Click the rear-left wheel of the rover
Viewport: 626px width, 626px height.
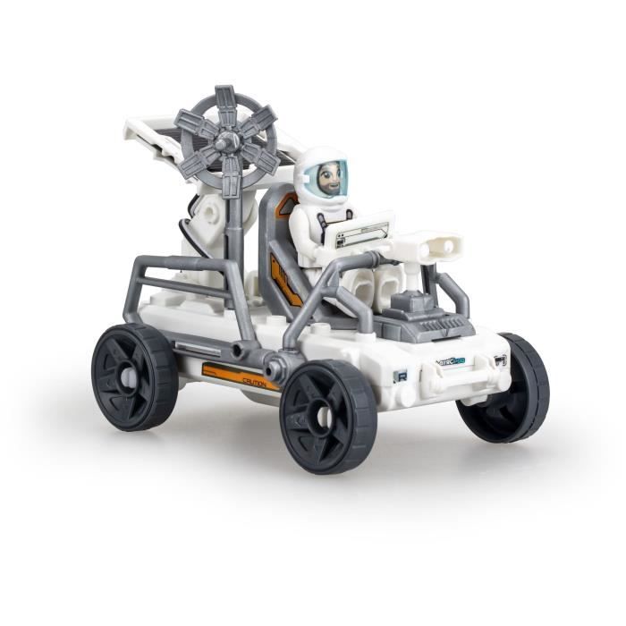click(x=135, y=376)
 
